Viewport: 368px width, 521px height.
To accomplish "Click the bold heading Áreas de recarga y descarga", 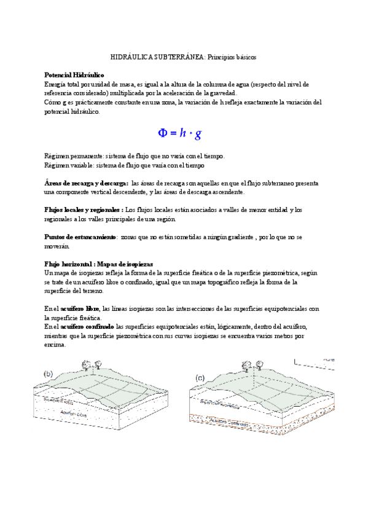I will [x=87, y=183].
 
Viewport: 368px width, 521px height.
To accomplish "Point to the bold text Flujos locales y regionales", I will [x=84, y=210].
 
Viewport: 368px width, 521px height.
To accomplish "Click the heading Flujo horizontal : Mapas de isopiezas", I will [x=99, y=263].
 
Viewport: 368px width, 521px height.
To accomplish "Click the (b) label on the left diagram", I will [x=48, y=374].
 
